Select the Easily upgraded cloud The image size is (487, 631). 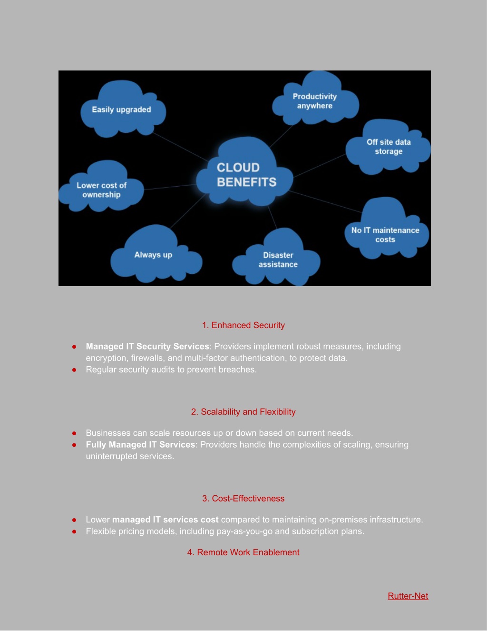point(123,109)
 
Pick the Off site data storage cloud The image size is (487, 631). point(388,147)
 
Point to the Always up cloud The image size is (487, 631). point(156,254)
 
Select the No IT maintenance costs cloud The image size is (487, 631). point(386,229)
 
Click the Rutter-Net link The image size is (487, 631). point(408,596)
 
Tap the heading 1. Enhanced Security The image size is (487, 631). point(243,325)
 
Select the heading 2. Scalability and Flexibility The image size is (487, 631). point(243,412)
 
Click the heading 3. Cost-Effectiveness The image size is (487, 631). point(243,498)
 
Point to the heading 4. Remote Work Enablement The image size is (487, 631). point(243,552)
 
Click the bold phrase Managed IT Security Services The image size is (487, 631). point(147,346)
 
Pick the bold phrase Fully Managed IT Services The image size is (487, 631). point(140,445)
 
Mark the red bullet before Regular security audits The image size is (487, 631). point(74,370)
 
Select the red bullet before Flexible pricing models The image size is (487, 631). point(74,531)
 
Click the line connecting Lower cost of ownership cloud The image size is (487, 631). point(170,187)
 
